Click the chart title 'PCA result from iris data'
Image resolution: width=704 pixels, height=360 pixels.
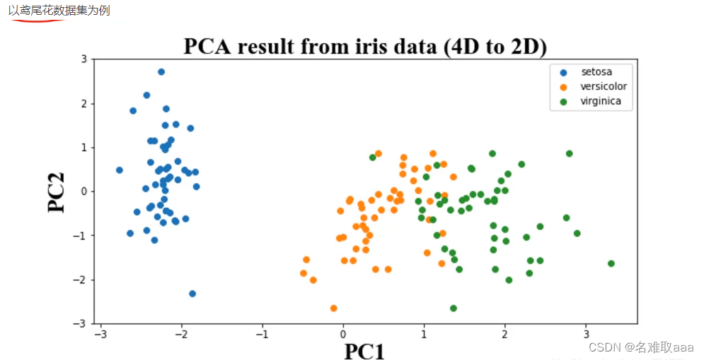[x=365, y=46]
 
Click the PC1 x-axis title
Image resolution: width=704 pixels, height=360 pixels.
[x=364, y=351]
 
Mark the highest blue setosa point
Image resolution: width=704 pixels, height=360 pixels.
[x=161, y=72]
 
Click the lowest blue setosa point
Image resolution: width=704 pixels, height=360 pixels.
[x=192, y=294]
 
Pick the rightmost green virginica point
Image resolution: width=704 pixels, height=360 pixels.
[x=611, y=264]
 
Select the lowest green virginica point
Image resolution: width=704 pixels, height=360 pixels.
[x=454, y=308]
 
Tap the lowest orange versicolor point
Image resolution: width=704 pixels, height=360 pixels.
[x=333, y=308]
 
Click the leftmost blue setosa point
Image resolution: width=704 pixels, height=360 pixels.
[x=120, y=170]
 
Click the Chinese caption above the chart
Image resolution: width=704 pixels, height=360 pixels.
[x=59, y=12]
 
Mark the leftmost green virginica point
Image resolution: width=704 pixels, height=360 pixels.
[x=373, y=158]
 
